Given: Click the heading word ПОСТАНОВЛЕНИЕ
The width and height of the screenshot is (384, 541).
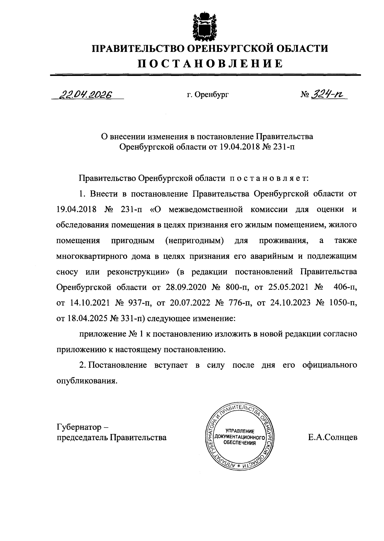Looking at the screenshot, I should click(210, 63).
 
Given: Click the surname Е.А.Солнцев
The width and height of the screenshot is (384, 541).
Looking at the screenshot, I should click(333, 438).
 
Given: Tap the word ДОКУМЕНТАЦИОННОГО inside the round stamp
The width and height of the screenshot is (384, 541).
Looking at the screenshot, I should click(240, 437).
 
